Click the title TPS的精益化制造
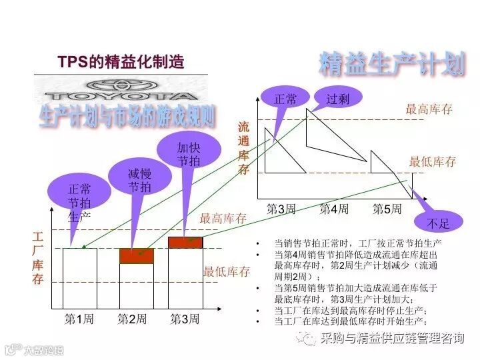tap(120, 63)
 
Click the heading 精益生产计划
tap(391, 63)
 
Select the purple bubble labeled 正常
tap(285, 99)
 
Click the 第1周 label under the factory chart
tap(79, 319)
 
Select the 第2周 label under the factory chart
tap(132, 319)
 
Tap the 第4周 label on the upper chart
tap(333, 209)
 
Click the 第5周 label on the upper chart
tap(387, 209)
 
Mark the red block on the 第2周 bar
tap(137, 256)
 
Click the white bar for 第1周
tap(79, 278)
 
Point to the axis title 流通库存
tap(244, 147)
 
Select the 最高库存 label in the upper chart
tap(429, 109)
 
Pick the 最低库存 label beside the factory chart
tap(227, 272)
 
